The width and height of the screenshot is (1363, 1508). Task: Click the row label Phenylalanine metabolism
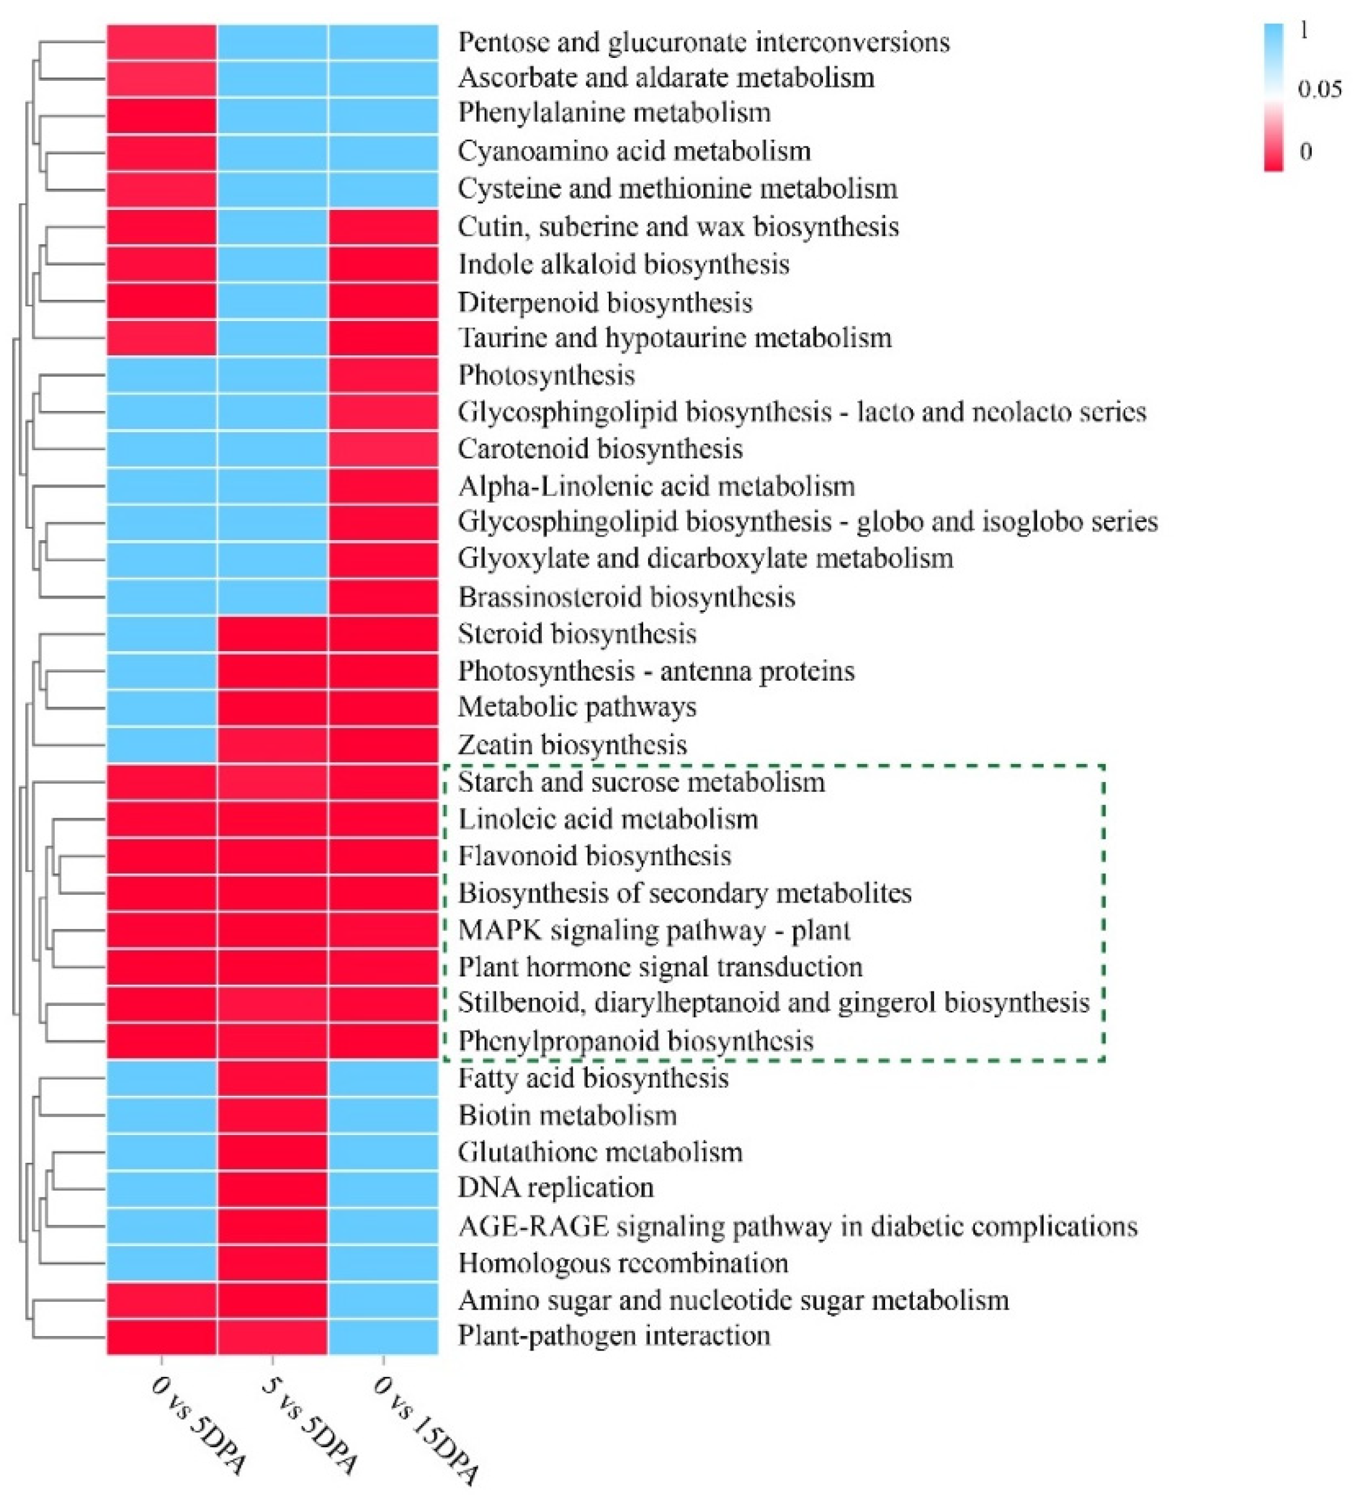(614, 113)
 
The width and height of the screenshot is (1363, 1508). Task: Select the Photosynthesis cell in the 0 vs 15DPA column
(383, 375)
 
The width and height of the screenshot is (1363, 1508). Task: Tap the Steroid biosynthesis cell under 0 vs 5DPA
(162, 634)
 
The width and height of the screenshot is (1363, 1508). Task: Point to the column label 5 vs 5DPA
(310, 1427)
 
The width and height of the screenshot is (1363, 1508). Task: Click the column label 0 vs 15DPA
(424, 1431)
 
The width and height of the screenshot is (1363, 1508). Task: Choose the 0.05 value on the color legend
(1320, 90)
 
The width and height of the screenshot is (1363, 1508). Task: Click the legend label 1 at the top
(1304, 31)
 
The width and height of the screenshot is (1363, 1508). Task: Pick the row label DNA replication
(556, 1188)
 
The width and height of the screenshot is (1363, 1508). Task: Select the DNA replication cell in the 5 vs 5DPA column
(272, 1188)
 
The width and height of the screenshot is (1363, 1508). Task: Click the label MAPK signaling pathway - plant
(654, 930)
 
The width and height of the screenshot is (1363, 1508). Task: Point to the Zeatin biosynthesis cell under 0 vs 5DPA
(162, 744)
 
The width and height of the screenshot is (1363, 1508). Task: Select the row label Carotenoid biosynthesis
(600, 449)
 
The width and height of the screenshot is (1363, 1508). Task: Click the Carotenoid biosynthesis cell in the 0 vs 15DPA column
(383, 449)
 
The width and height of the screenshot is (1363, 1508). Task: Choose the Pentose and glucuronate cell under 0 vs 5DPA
(162, 42)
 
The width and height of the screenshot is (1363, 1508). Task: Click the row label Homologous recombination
(623, 1262)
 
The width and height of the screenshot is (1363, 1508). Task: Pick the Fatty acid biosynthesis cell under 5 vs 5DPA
(272, 1078)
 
